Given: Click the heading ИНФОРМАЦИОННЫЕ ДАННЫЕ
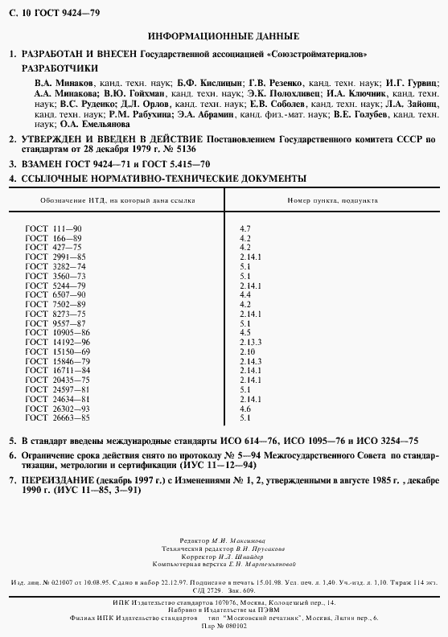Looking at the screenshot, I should click(224, 36).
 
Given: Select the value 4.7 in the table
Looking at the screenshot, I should click(245, 230).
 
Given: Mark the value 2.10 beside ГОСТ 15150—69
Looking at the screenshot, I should click(247, 351).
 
